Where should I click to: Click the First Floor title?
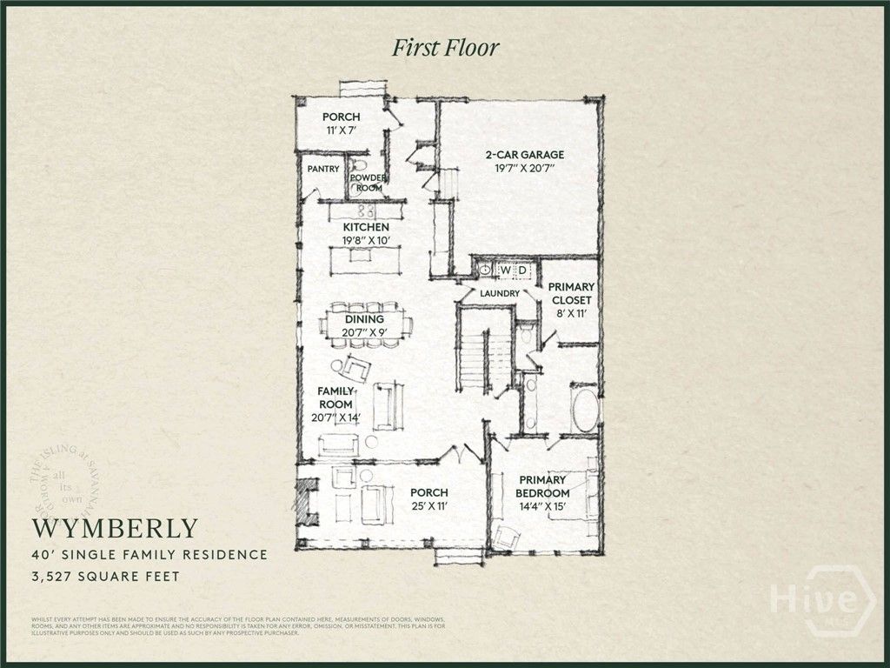click(445, 48)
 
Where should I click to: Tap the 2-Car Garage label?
click(519, 156)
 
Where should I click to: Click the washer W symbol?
click(504, 271)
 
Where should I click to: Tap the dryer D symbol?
click(522, 271)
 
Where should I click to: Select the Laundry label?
click(500, 294)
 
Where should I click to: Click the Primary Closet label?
click(571, 294)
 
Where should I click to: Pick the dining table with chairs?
click(365, 326)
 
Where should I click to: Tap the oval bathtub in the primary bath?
click(585, 411)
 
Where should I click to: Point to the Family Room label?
click(335, 398)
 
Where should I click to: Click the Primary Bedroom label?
click(542, 486)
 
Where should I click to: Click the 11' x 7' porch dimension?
click(341, 130)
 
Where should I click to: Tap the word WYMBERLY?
click(116, 529)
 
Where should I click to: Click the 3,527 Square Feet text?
click(106, 576)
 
